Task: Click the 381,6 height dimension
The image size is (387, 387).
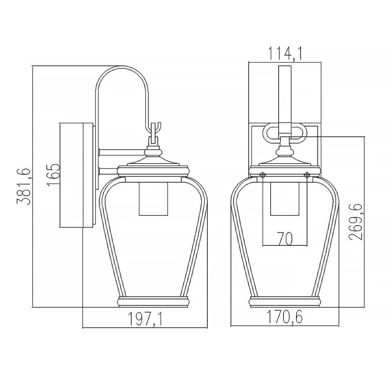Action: coord(24,187)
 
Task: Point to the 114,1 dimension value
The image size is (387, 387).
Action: coord(285,54)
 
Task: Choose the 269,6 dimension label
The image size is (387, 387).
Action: coord(356,222)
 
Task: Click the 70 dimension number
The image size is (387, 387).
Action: coord(285,239)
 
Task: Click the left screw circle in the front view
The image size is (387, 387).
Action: coord(263,175)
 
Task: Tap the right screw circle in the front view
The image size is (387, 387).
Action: coord(307,175)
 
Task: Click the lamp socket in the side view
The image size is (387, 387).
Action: coord(153,199)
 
